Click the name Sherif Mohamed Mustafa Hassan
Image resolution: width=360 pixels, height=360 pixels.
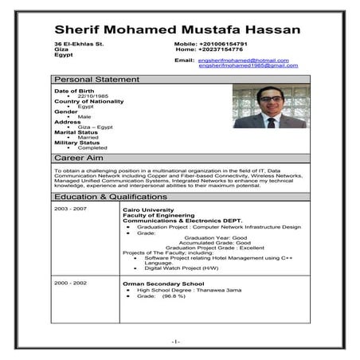pyautogui.click(x=177, y=29)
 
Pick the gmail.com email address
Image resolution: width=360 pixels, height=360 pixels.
pyautogui.click(x=248, y=65)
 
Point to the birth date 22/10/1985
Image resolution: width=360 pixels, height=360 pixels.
pyautogui.click(x=92, y=96)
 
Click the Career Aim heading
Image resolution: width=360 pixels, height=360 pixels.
pyautogui.click(x=80, y=158)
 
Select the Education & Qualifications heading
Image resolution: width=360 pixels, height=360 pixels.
pyautogui.click(x=111, y=196)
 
